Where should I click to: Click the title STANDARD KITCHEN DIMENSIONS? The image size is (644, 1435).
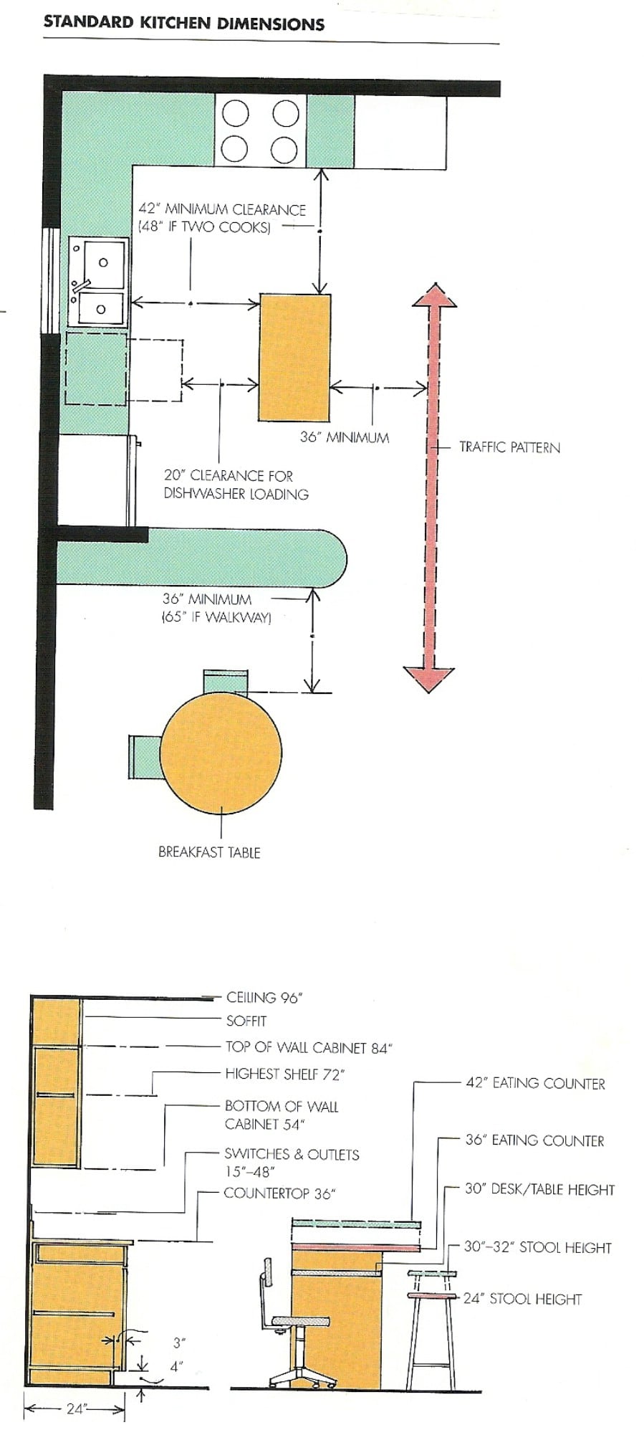[183, 24]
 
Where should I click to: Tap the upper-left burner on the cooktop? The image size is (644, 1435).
[235, 114]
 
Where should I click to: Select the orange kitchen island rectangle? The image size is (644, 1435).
[294, 357]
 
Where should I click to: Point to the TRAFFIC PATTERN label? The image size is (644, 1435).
[509, 447]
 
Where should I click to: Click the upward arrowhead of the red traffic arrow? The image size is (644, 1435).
[434, 295]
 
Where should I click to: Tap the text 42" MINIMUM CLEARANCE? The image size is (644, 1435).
[222, 210]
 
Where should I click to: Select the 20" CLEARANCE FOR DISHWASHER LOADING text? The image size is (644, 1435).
[236, 485]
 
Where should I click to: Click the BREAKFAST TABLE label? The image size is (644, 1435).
[209, 852]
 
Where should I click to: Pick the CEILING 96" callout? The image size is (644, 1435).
[264, 997]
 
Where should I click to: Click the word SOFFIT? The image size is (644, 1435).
[246, 1021]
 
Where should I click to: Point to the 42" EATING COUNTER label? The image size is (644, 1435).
[535, 1084]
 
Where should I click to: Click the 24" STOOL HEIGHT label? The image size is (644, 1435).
[522, 1299]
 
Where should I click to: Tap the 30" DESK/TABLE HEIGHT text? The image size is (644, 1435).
[539, 1190]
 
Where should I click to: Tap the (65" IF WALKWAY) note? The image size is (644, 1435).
[216, 617]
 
